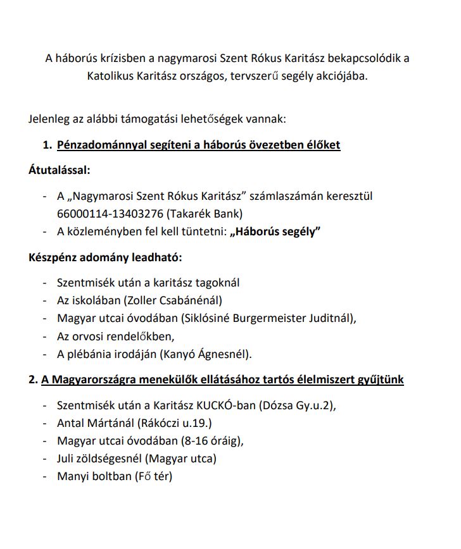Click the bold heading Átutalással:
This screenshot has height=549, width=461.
(x=60, y=170)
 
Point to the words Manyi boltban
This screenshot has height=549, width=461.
(x=92, y=476)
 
